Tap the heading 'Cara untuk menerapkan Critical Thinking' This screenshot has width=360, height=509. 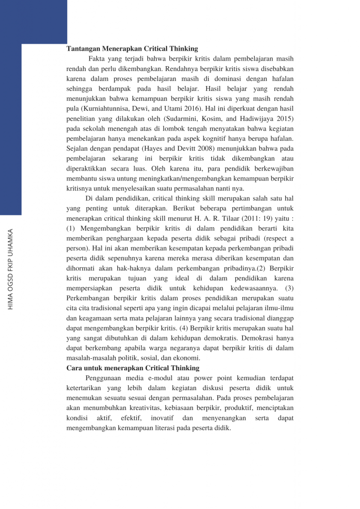click(133, 368)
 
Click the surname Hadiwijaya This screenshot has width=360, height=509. click(263, 119)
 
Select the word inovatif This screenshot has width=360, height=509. click(162, 418)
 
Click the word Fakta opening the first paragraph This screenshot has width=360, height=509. click(97, 58)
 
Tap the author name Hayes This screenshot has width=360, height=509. click(152, 148)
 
